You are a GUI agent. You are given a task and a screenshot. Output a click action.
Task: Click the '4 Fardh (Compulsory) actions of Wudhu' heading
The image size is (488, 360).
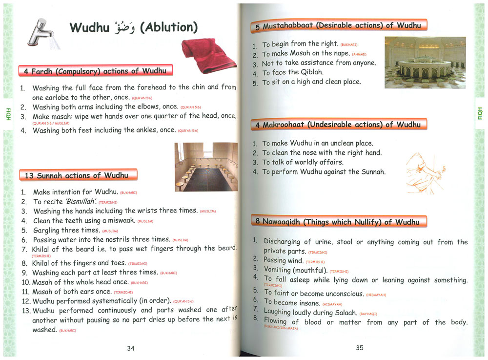pyautogui.click(x=95, y=71)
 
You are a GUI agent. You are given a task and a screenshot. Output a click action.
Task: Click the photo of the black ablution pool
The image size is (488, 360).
pyautogui.click(x=206, y=167)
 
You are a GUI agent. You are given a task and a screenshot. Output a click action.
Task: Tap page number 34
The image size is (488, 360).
pyautogui.click(x=131, y=348)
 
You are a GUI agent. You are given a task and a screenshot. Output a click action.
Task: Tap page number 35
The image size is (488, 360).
pyautogui.click(x=360, y=348)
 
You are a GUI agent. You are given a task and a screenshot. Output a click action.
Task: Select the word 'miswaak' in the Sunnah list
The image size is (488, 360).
pyautogui.click(x=122, y=221)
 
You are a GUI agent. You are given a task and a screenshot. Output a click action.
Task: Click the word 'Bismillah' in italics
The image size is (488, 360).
pyautogui.click(x=77, y=202)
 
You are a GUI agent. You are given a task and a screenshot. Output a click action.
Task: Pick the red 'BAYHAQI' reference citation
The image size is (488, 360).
pyautogui.click(x=368, y=314)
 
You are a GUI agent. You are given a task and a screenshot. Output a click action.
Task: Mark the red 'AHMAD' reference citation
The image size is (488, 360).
pyautogui.click(x=359, y=54)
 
